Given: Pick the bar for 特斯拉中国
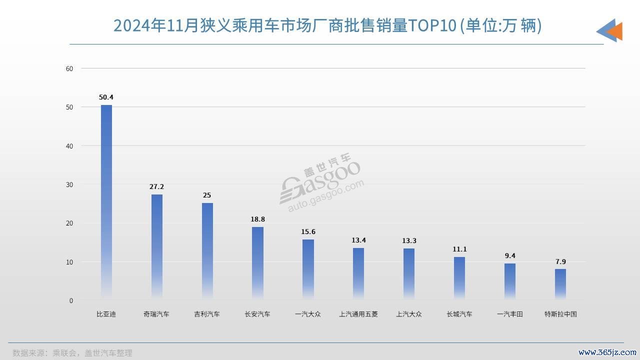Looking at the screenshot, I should coord(560,284).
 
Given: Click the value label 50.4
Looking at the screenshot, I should coord(106,97).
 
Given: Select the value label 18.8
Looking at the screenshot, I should coord(257,219).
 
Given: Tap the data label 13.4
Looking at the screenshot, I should coord(358,240).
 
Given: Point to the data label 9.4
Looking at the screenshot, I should coord(510,255).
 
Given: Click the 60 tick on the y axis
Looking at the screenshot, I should coord(69,68).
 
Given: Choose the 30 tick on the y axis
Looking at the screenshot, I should coord(69,184).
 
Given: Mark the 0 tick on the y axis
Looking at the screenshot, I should coord(71,300).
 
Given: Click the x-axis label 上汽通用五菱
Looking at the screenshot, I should coord(358,314).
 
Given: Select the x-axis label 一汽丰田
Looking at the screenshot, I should coord(510,314).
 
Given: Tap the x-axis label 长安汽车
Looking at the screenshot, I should coord(257,314).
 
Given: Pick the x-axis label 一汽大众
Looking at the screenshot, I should coord(308,314).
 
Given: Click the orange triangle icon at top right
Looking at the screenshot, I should coord(615,31).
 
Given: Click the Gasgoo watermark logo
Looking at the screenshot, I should coord(320,182).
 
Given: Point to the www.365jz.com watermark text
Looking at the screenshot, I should coord(606,352).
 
